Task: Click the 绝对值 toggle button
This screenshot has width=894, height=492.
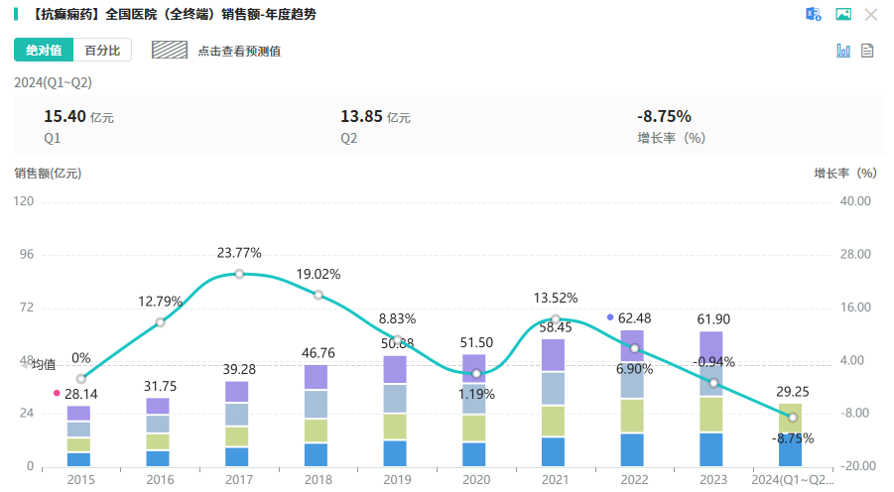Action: tap(44, 51)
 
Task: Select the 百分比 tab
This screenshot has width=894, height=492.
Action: tap(102, 51)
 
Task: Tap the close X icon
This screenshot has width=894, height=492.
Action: tap(871, 14)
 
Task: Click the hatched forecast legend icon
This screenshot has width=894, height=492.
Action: tap(169, 50)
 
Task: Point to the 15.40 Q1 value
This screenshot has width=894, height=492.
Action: tap(61, 117)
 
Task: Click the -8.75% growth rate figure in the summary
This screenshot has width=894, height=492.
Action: tap(664, 117)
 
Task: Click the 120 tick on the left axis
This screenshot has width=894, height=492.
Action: tap(24, 201)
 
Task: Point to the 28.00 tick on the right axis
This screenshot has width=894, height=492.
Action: tap(854, 255)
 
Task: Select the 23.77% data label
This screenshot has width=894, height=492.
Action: tap(239, 253)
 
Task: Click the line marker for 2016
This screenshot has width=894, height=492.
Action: tap(160, 322)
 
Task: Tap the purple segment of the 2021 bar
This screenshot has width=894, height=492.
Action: tap(553, 355)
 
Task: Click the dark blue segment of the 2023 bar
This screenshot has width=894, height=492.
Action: tap(710, 449)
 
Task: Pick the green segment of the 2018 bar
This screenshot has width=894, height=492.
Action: tap(317, 430)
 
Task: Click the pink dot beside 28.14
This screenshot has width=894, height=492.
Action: tap(57, 394)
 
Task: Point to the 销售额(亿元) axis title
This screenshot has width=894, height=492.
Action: tap(48, 173)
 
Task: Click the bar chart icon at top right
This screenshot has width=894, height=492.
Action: tap(843, 51)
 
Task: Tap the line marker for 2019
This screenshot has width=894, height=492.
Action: tap(396, 340)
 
